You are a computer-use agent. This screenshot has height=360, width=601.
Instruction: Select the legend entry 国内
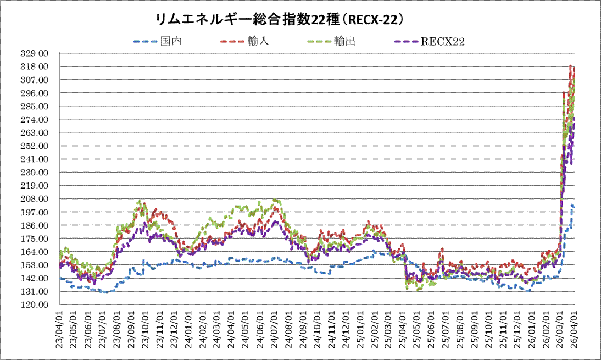(168, 41)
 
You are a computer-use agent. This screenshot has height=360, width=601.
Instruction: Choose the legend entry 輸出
(345, 41)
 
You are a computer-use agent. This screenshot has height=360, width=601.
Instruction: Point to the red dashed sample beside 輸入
(233, 41)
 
